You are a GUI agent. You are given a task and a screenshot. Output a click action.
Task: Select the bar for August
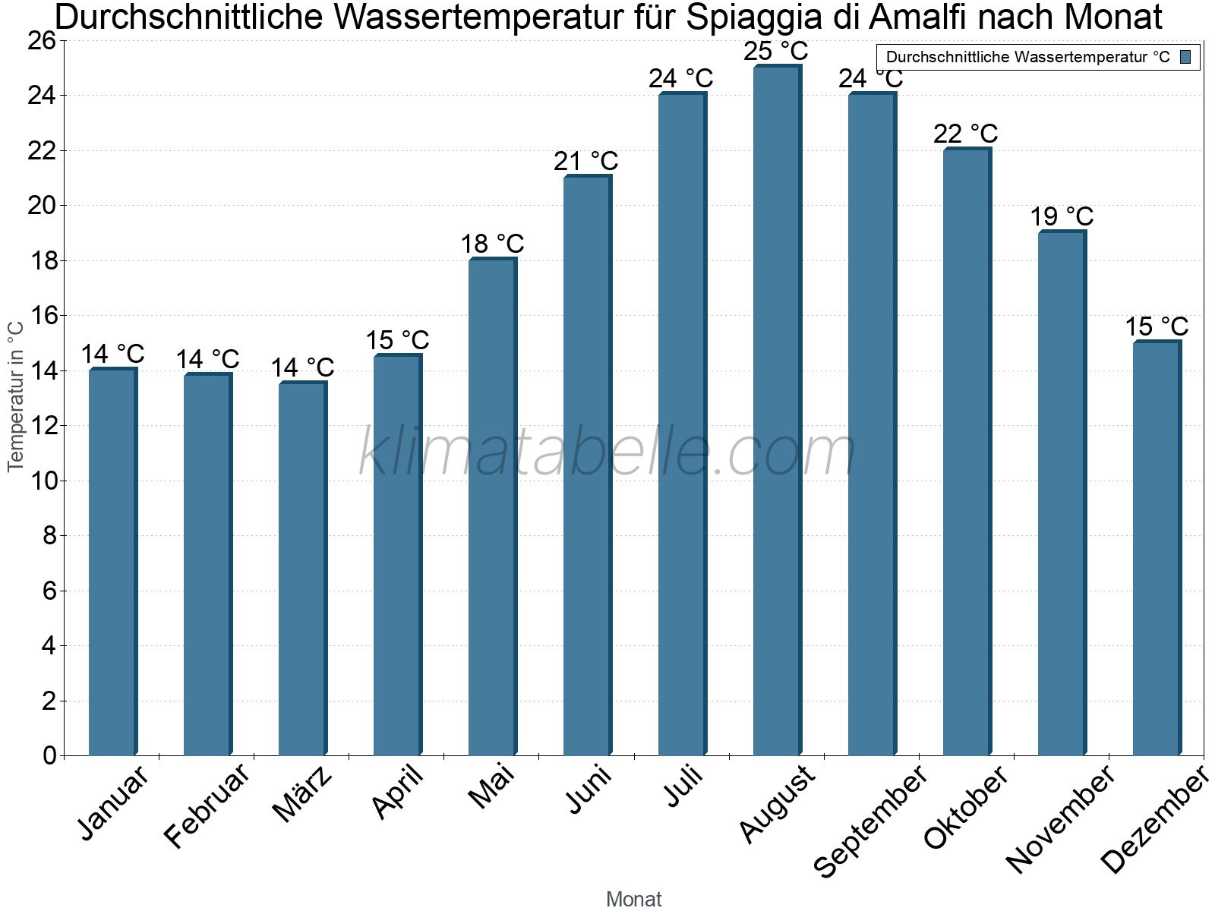[x=777, y=410]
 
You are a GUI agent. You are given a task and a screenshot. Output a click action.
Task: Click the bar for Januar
[x=112, y=562]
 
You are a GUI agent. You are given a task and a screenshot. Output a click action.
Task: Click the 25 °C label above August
[x=776, y=52]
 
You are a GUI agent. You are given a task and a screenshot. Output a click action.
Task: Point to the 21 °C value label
[x=586, y=161]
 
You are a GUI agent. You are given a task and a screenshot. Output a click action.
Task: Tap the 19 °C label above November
[x=1062, y=216]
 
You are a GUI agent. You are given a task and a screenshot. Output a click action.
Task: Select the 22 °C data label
[x=966, y=134]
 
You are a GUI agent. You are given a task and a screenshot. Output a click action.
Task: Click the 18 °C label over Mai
[x=492, y=244]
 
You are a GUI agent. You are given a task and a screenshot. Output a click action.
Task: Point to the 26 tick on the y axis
[x=42, y=40]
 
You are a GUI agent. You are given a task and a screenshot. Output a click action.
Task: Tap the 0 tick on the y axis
[x=50, y=755]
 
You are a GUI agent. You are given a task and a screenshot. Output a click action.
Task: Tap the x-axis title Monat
[x=634, y=900]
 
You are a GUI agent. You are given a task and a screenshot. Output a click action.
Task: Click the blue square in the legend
[x=1185, y=57]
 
